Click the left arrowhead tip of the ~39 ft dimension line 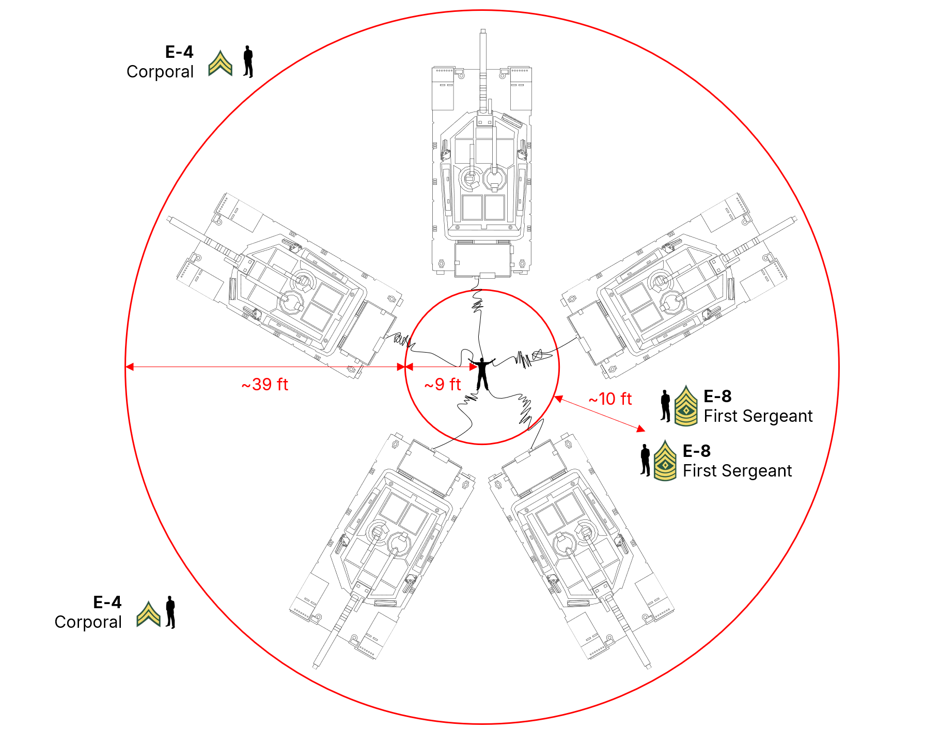pos(126,367)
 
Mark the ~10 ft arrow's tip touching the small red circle pos(554,397)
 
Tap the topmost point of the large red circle pos(482,10)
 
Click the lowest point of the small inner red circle pos(482,443)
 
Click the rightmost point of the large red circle pos(839,367)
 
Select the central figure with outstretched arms pos(482,373)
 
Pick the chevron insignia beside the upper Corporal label pos(221,64)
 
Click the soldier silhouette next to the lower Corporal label pos(170,612)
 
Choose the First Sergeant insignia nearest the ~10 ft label pos(686,406)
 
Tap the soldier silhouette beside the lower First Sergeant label pos(645,460)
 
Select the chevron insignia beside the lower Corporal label pos(149,614)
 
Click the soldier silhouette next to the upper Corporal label pos(248,62)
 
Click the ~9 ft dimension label pos(443,385)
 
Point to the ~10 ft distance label pos(610,399)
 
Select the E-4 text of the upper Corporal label pos(179,52)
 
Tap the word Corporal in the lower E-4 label pos(88,622)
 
